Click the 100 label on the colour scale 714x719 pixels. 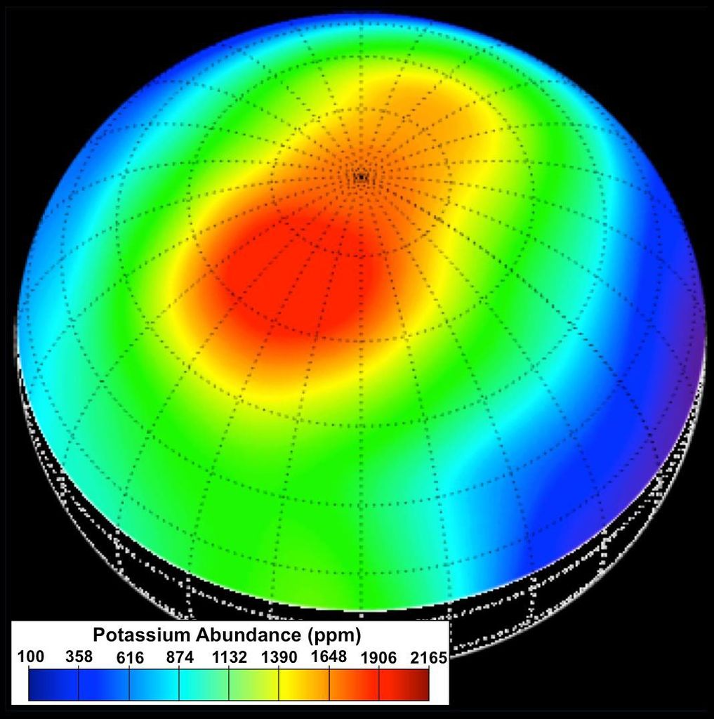[x=30, y=657]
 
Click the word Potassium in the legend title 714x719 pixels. [x=141, y=635]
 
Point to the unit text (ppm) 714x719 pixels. [x=334, y=636]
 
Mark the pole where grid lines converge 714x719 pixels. [x=361, y=177]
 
